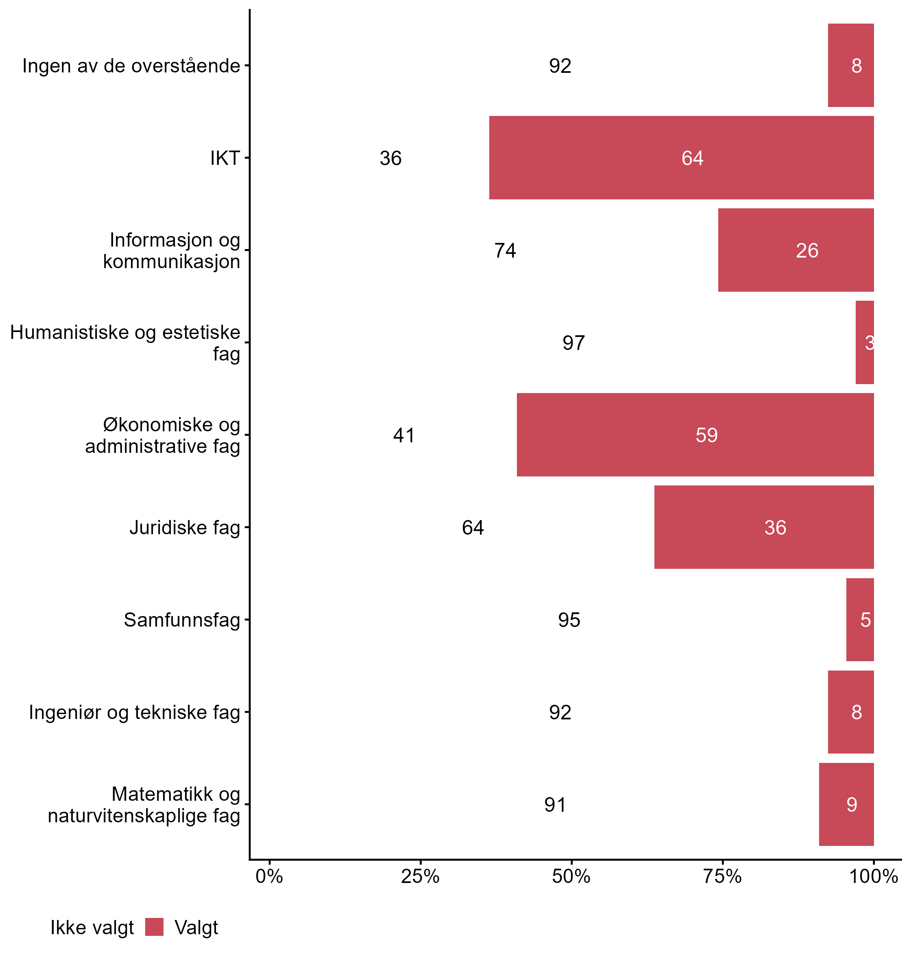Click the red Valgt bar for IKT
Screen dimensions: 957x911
point(681,157)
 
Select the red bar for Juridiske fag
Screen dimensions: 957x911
point(763,527)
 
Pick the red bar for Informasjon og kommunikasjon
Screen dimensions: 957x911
point(795,250)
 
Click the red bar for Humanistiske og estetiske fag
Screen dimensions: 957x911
point(864,343)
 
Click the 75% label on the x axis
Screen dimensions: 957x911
point(723,877)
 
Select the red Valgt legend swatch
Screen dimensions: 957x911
point(155,927)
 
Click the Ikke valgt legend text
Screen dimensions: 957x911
point(92,928)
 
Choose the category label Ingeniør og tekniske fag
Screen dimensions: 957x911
point(135,712)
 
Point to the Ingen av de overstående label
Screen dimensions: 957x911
point(131,66)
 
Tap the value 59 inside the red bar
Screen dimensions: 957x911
point(706,435)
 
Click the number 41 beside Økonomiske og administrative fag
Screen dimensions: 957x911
point(404,435)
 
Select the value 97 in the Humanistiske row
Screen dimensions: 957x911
point(573,343)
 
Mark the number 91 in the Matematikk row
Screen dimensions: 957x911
point(555,805)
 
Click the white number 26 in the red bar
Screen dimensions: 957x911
point(807,251)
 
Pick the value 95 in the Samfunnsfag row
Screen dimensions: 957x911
point(569,620)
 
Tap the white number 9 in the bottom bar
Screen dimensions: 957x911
point(852,805)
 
